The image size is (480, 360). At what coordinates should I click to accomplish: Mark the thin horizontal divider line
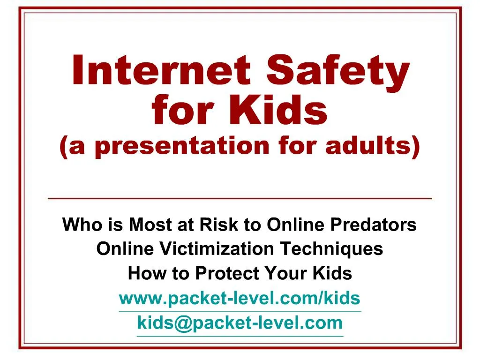point(240,199)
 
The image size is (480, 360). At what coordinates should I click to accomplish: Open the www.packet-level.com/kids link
point(240,298)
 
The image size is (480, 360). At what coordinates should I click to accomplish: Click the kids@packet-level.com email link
point(240,323)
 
